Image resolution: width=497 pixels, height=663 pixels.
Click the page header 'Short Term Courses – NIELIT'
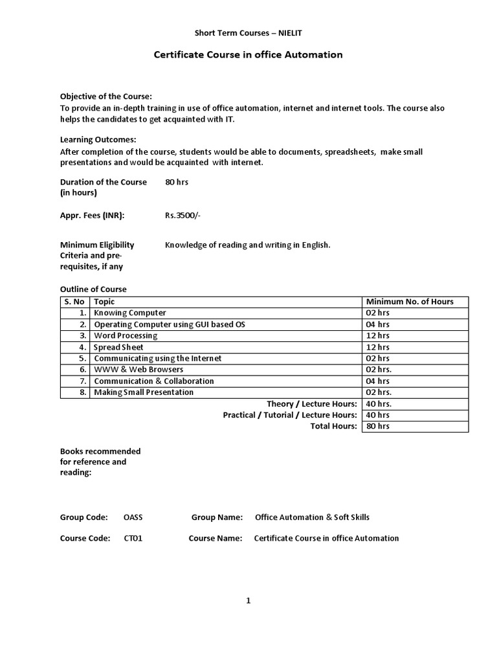248,32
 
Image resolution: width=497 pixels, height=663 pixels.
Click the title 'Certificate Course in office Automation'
248,55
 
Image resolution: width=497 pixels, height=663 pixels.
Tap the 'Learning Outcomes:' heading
98,139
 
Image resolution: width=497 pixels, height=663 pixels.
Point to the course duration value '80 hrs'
177,182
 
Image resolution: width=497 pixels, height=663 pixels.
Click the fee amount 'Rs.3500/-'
183,215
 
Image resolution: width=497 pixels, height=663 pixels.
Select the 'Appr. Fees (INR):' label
93,215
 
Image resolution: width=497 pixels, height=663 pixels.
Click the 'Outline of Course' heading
93,289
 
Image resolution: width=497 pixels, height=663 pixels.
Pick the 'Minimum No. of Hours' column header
410,301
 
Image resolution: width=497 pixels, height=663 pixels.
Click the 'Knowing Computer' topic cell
130,313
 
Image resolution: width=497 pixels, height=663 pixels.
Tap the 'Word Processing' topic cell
126,335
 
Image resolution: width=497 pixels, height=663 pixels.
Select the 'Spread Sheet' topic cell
119,347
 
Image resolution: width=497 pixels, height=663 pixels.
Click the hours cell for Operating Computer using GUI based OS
378,324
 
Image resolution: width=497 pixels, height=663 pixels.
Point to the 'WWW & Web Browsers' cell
134,369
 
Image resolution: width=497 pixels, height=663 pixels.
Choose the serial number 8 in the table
83,392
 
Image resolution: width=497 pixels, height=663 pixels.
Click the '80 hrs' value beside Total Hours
378,426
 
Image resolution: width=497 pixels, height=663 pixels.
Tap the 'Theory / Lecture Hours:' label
312,403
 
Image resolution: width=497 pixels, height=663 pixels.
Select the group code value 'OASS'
134,517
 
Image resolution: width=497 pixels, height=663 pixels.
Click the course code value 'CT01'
133,538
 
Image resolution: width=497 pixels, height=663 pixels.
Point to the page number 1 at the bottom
248,601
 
